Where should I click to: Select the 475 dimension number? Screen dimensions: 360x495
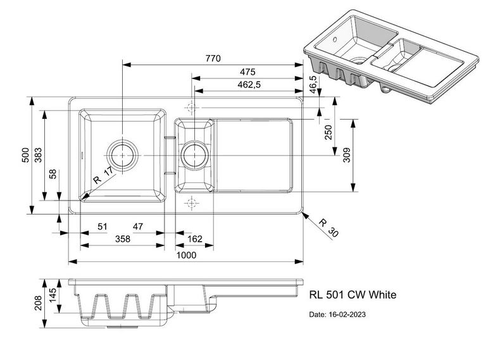[247, 71]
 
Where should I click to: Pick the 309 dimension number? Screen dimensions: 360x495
[347, 155]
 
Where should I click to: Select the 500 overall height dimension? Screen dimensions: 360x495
[26, 156]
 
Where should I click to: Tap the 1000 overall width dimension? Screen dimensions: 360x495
[186, 255]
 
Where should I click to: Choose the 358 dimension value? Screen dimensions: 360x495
[122, 239]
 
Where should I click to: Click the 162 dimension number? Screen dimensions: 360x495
[195, 239]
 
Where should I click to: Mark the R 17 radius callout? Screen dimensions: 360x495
[101, 176]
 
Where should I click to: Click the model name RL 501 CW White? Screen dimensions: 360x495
[353, 294]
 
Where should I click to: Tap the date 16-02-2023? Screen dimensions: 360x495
[337, 314]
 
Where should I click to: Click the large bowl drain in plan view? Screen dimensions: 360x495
[122, 154]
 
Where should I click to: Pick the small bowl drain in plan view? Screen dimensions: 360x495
[192, 154]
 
